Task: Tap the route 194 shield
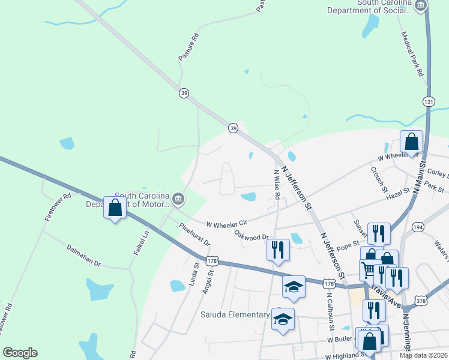(x=418, y=227)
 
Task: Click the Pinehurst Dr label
(x=194, y=235)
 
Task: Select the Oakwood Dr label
(x=250, y=235)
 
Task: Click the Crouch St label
(x=377, y=176)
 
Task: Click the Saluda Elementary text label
(x=235, y=314)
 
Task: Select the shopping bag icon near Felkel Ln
(x=115, y=208)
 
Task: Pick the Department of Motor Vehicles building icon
(x=178, y=199)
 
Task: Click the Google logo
(x=20, y=353)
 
